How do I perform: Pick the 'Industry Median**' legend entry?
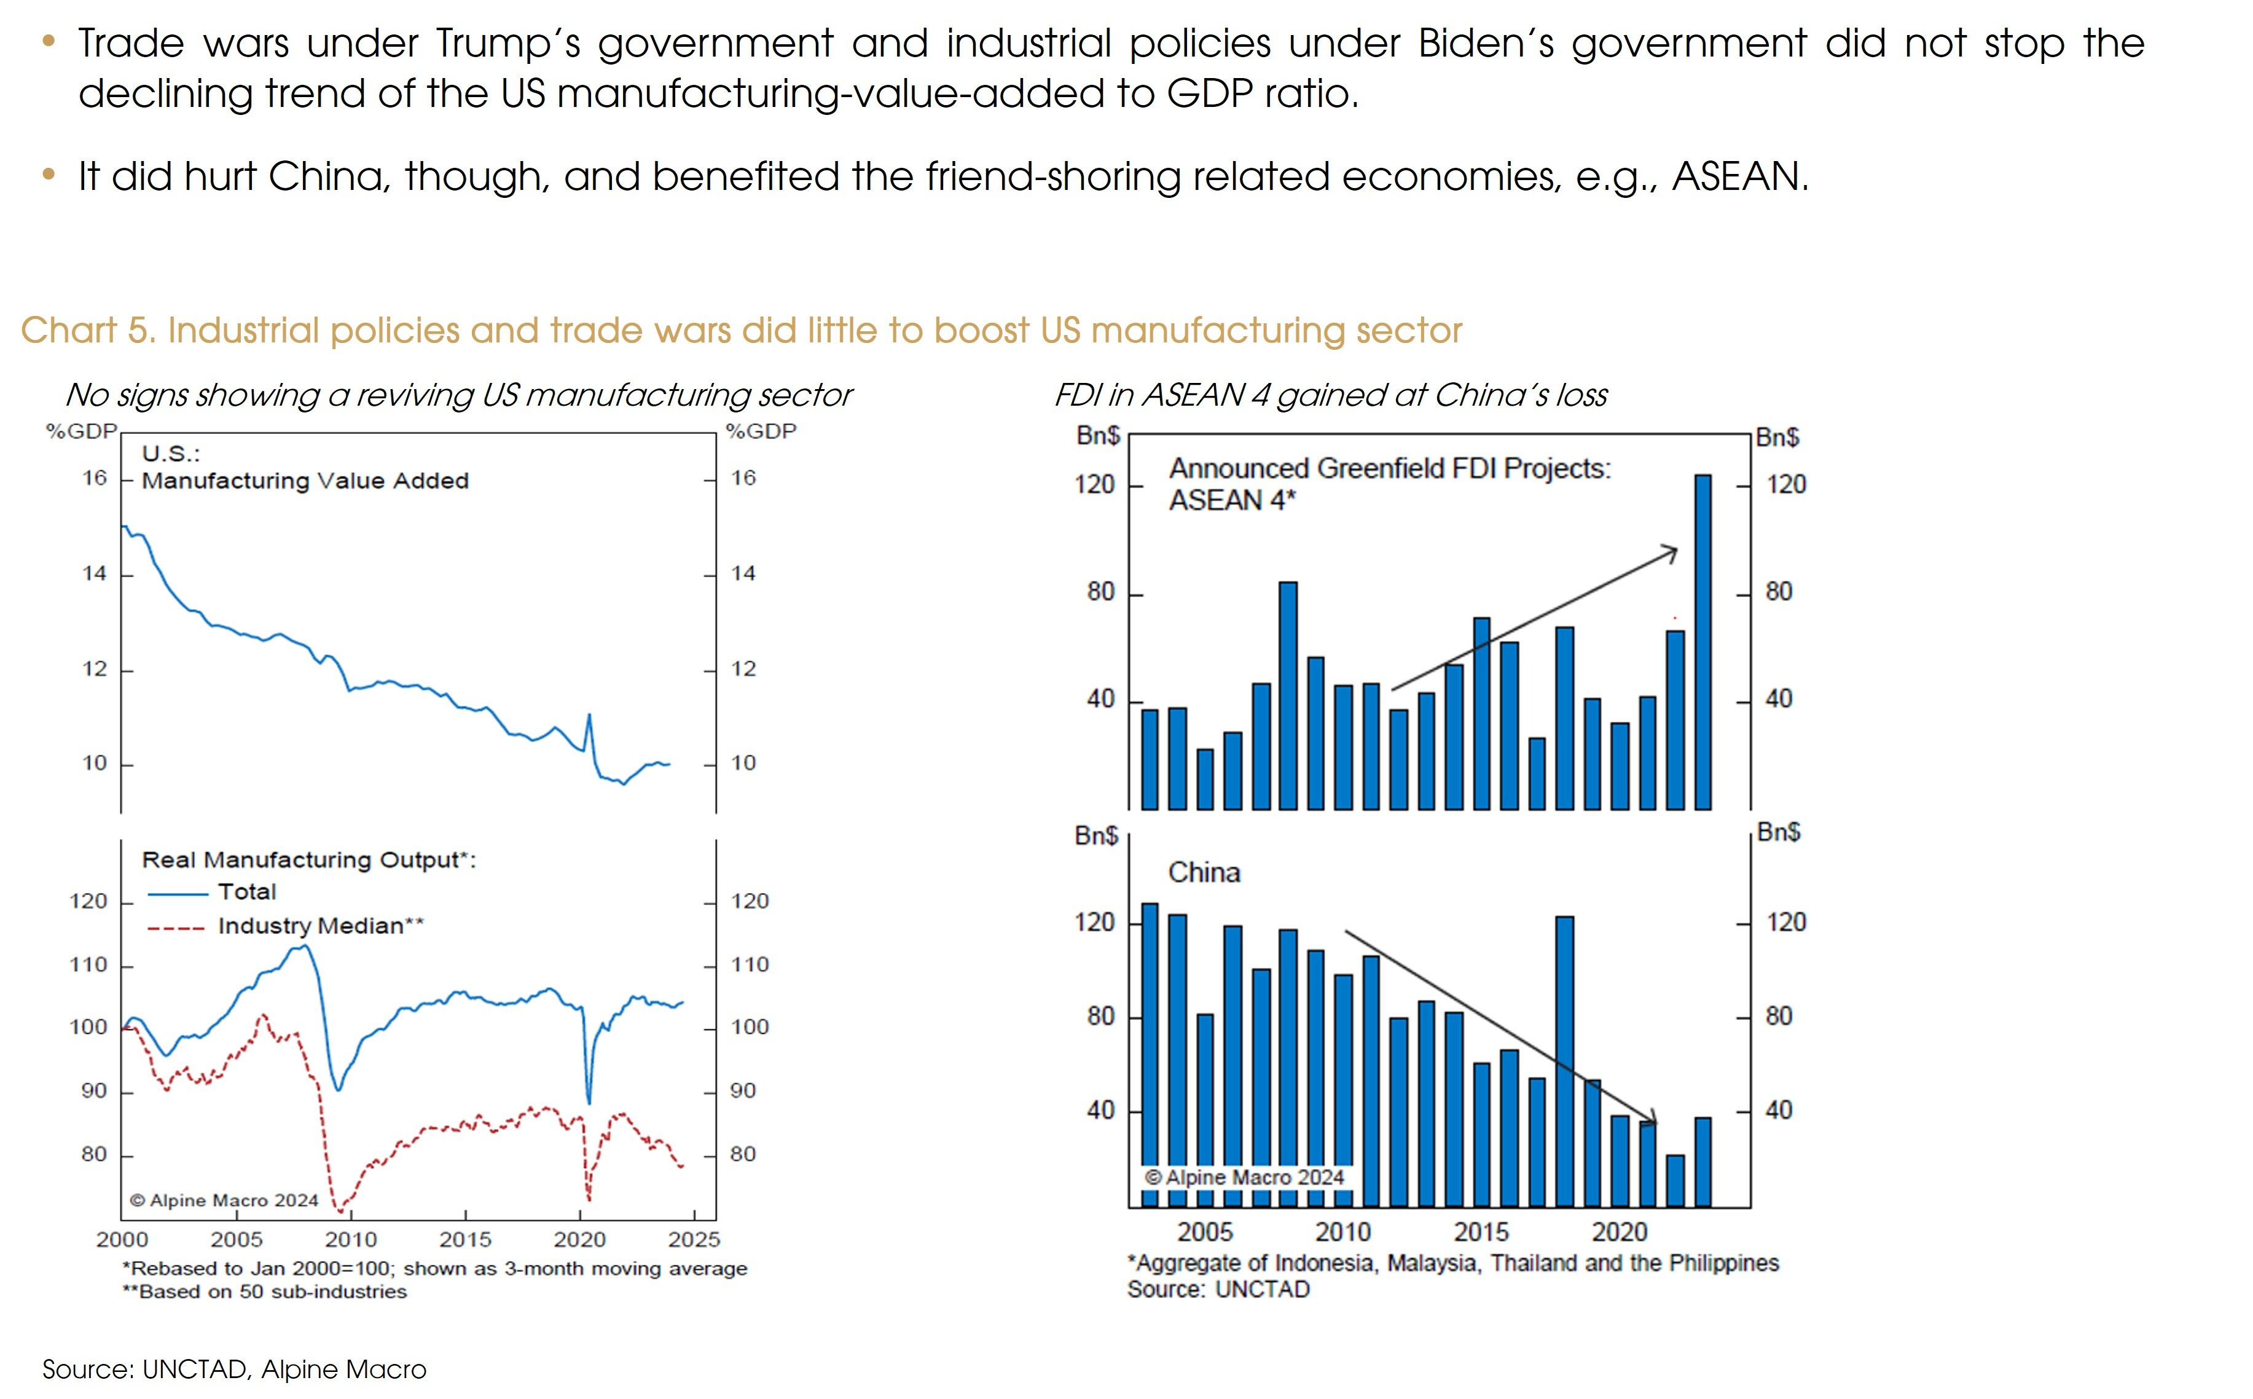[x=320, y=926]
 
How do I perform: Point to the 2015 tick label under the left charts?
[x=464, y=1240]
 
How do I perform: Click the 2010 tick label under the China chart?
[x=1343, y=1232]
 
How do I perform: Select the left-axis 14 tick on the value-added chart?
[x=95, y=573]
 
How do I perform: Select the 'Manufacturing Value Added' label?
[x=305, y=481]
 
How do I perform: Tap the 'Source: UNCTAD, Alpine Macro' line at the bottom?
[x=234, y=1369]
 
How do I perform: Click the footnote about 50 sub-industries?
[x=265, y=1291]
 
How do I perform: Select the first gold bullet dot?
[x=49, y=41]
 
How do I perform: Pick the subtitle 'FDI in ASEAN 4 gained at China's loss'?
[x=1330, y=395]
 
